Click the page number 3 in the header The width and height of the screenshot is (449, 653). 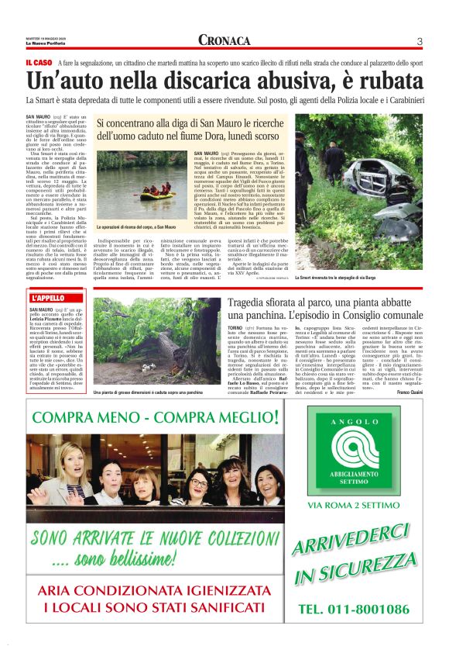pyautogui.click(x=419, y=41)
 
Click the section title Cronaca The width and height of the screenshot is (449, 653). pyautogui.click(x=224, y=40)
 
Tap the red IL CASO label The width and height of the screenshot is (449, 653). pyautogui.click(x=38, y=62)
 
